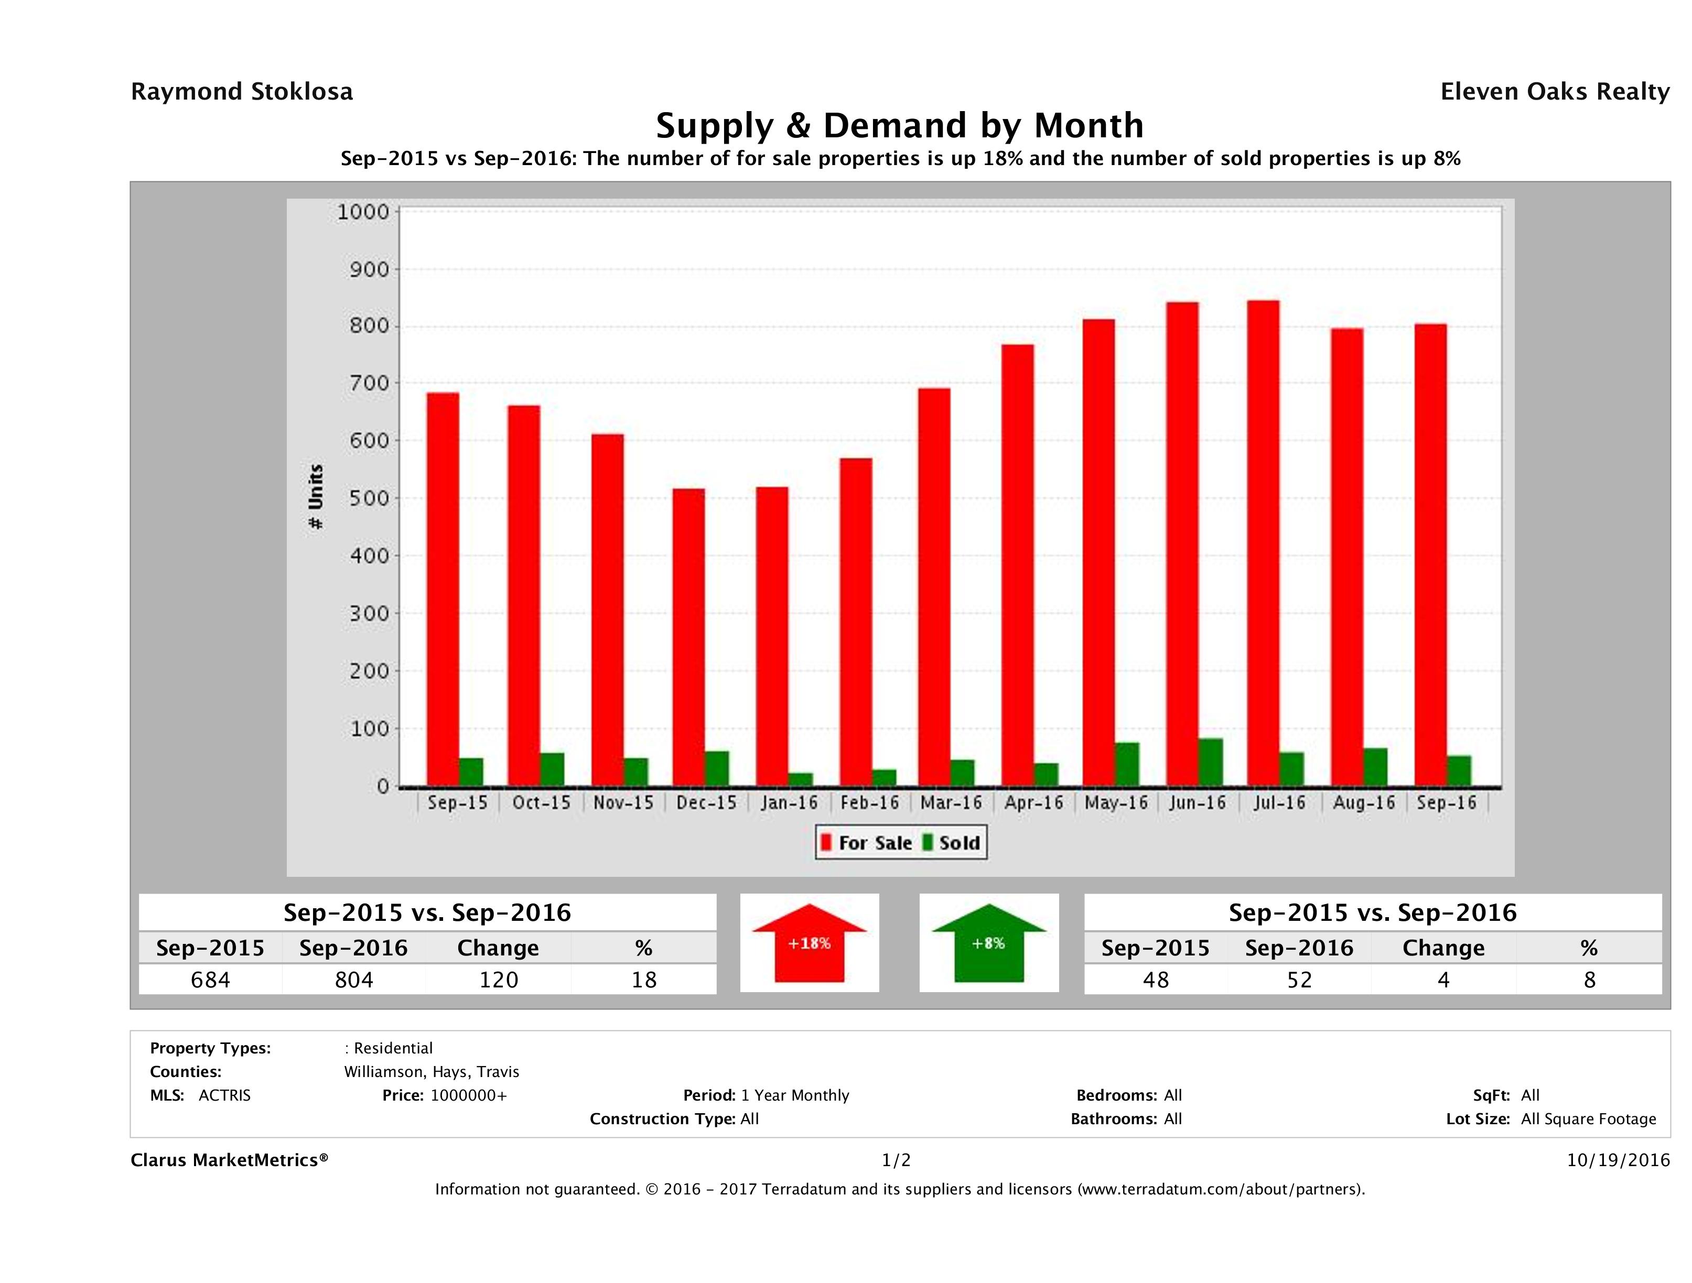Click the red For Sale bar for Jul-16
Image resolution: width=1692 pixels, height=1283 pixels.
point(1263,543)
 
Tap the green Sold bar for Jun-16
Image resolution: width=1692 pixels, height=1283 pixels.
point(1211,763)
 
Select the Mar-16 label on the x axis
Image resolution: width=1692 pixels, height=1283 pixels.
point(951,803)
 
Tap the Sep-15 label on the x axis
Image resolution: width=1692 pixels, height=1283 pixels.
point(457,803)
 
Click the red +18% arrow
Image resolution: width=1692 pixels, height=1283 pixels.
point(809,943)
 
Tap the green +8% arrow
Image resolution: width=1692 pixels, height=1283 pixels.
point(988,943)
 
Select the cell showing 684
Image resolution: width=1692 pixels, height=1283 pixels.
point(210,980)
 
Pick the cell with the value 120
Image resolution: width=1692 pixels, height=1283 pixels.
point(498,980)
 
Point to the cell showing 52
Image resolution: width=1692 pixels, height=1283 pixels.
point(1299,980)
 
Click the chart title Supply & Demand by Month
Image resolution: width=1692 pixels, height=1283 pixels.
point(900,125)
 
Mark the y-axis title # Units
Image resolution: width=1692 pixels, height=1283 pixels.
point(315,497)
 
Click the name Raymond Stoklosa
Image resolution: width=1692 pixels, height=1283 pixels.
point(242,92)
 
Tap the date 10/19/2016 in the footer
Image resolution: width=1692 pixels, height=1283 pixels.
point(1618,1160)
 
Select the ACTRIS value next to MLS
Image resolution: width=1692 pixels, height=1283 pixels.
point(224,1095)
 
